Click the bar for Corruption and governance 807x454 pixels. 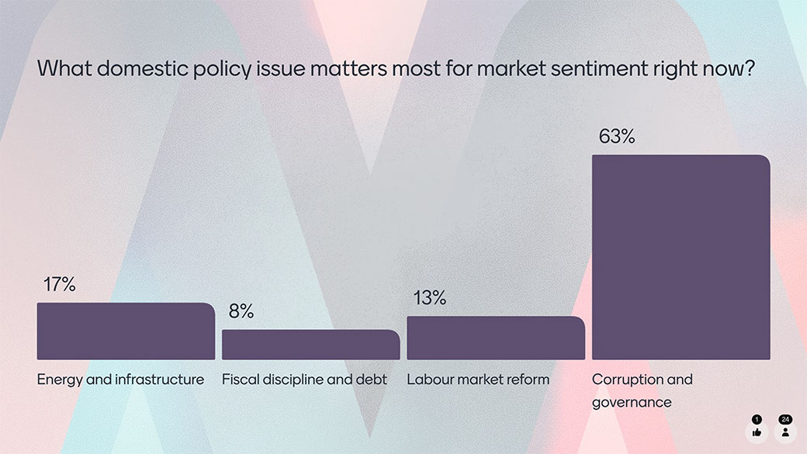[681, 257]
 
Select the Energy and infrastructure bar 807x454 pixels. [126, 331]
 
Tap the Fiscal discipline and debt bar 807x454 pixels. [310, 345]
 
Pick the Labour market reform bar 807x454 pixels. [495, 338]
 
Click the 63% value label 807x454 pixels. [617, 137]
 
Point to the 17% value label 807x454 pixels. [59, 285]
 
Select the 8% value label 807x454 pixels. [241, 311]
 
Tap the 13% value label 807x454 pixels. [429, 298]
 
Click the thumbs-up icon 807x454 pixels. [757, 432]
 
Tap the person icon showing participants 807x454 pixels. [785, 432]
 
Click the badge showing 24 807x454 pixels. [785, 419]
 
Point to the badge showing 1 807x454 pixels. [757, 419]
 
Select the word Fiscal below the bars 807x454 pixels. [238, 379]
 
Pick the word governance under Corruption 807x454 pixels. [631, 402]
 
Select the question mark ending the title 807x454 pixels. [750, 68]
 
